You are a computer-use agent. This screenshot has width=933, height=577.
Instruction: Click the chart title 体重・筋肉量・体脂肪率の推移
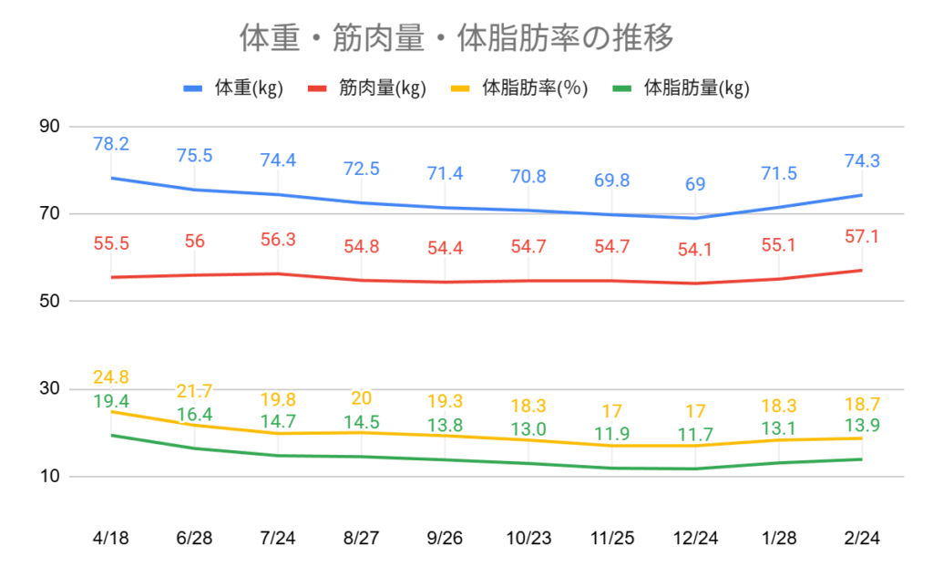(x=456, y=38)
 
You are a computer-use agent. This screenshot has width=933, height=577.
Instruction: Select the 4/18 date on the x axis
(x=111, y=538)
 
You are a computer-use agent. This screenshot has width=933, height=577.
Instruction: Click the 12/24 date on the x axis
(x=695, y=538)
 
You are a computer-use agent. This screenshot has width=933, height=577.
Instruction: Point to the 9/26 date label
(x=445, y=538)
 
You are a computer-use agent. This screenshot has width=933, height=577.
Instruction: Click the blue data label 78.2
(x=111, y=144)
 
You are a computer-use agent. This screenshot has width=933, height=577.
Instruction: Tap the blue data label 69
(x=695, y=184)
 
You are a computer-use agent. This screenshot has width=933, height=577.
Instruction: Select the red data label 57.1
(x=861, y=237)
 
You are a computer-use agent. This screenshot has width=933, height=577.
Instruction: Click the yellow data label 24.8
(x=111, y=377)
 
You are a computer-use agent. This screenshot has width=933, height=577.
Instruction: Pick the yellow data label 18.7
(x=861, y=405)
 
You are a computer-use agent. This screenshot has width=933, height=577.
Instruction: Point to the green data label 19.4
(x=111, y=401)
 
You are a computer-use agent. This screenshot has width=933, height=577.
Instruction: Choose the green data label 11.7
(x=695, y=436)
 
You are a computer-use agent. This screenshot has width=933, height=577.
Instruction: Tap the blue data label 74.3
(x=861, y=161)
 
